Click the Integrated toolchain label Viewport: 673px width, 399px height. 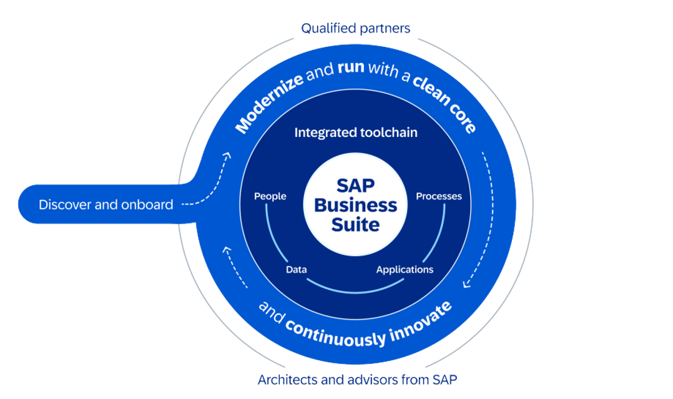click(x=356, y=132)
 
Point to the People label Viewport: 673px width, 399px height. click(x=270, y=196)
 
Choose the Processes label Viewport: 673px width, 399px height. click(x=439, y=196)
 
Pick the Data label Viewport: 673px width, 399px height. click(x=296, y=270)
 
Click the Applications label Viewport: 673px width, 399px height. click(x=405, y=270)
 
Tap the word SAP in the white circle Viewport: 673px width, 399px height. click(x=355, y=186)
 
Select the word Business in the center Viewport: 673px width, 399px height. click(x=355, y=205)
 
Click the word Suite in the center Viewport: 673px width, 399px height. click(x=355, y=224)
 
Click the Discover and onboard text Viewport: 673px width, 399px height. click(x=106, y=204)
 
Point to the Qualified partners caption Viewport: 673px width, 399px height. click(x=355, y=27)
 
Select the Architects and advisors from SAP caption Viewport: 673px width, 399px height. click(x=358, y=379)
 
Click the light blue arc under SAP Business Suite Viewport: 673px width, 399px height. click(x=355, y=289)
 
